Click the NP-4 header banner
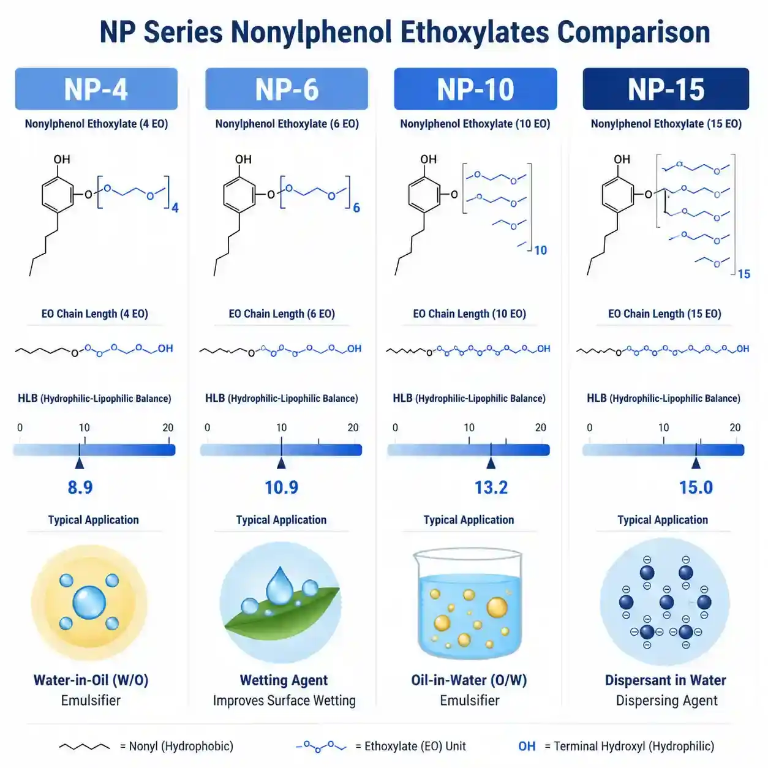click(x=96, y=88)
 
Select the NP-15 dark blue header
click(x=666, y=88)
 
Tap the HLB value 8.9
click(x=80, y=488)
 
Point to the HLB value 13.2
click(x=491, y=488)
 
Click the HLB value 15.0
click(x=696, y=488)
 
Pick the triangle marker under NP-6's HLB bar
click(x=281, y=463)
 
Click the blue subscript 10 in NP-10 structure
click(x=540, y=250)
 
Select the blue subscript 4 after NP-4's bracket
click(x=175, y=208)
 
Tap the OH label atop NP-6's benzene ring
click(x=243, y=159)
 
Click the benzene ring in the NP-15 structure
click(x=618, y=195)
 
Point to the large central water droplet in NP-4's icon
click(x=89, y=602)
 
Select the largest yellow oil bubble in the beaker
click(x=497, y=608)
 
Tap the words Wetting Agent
click(x=284, y=680)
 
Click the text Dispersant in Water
click(x=666, y=680)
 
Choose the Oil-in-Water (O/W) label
click(x=469, y=680)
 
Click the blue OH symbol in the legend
click(x=527, y=746)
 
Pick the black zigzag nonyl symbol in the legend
click(x=84, y=747)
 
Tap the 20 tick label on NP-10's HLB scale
click(x=540, y=427)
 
